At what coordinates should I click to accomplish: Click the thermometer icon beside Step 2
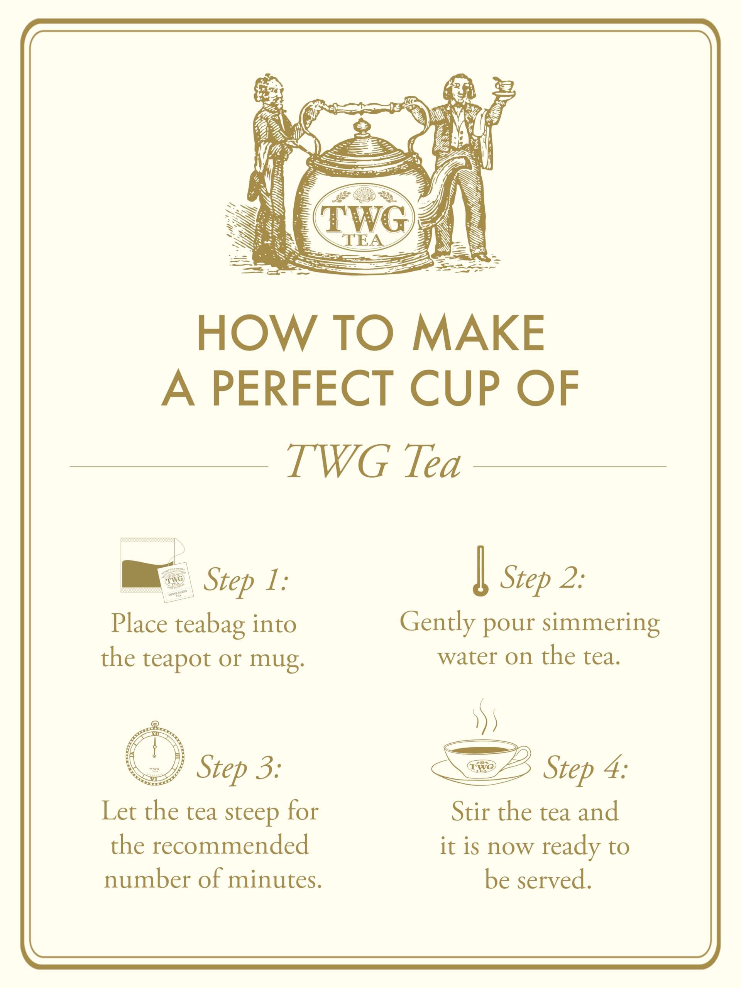(480, 570)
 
